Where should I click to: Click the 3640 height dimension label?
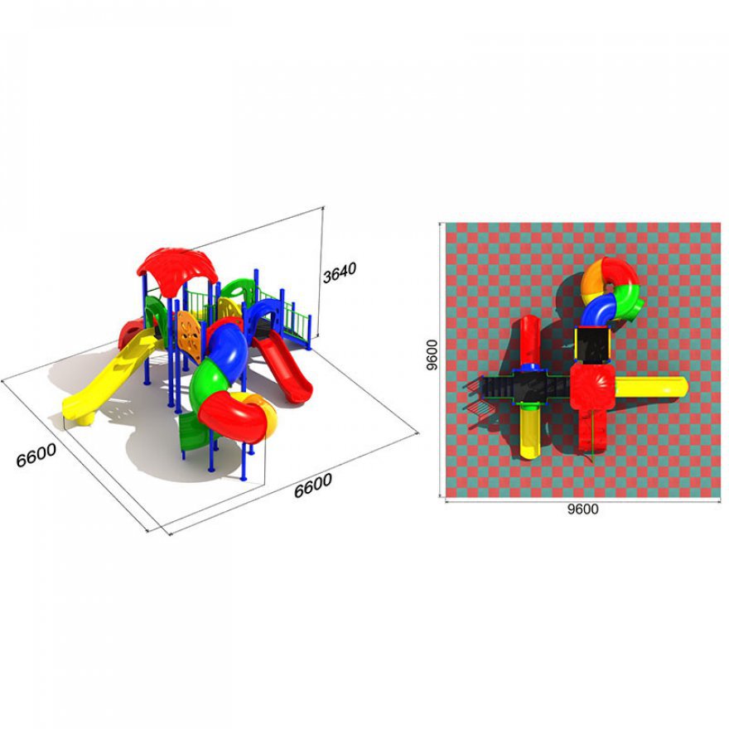340,272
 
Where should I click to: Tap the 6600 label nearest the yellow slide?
36,455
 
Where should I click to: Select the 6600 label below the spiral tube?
313,485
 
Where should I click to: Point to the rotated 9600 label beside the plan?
432,355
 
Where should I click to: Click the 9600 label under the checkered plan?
582,509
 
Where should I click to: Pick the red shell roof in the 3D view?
177,271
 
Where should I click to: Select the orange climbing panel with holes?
189,336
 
